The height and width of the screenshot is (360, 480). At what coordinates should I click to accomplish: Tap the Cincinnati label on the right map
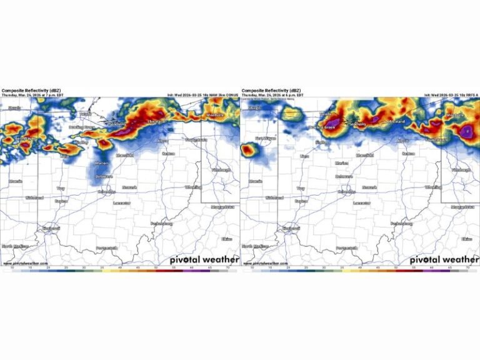coord(291,229)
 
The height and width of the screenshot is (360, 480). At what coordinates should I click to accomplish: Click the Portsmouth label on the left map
coord(106,248)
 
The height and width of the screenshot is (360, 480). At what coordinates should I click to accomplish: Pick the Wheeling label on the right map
coord(434,187)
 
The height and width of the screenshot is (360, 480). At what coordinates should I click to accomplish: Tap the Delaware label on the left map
coord(104,177)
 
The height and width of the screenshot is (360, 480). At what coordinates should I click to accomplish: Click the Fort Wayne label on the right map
coord(266,138)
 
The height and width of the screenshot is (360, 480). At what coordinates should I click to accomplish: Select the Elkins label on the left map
coord(226,239)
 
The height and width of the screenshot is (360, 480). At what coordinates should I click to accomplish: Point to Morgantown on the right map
coord(462,207)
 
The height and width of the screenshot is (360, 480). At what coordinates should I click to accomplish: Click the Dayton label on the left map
coord(61,201)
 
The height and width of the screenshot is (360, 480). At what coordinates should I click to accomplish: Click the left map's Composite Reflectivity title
coord(28,91)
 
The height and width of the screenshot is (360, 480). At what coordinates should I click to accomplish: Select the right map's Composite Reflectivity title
coord(268,91)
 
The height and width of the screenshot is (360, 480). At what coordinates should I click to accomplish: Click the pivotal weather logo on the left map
coord(204,259)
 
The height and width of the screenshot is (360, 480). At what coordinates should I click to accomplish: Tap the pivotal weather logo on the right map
coord(444,259)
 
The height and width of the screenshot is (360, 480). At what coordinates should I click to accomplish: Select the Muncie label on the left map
coord(16,181)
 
